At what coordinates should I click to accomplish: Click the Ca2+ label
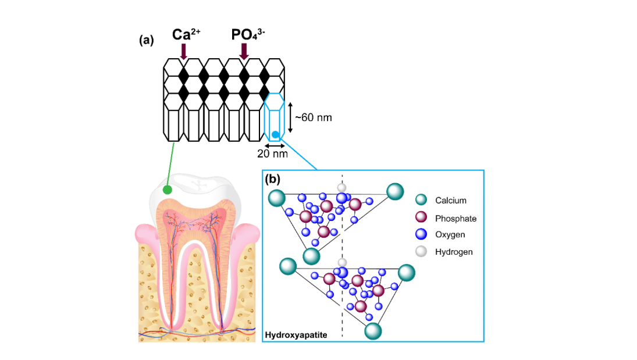(185, 35)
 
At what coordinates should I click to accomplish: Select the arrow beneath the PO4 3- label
(244, 51)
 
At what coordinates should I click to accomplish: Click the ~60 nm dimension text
(313, 117)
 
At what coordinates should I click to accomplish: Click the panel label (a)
(147, 40)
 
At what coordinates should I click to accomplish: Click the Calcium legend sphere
(422, 200)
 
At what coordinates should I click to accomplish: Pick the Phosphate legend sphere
(422, 218)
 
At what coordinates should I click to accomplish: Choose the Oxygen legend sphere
(422, 234)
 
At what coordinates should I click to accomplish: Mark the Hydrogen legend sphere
(422, 251)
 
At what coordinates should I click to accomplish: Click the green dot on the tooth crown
(168, 190)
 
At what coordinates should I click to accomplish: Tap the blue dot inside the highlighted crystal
(275, 134)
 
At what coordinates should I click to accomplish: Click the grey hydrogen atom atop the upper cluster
(342, 187)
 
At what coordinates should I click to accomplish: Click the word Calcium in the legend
(451, 201)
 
